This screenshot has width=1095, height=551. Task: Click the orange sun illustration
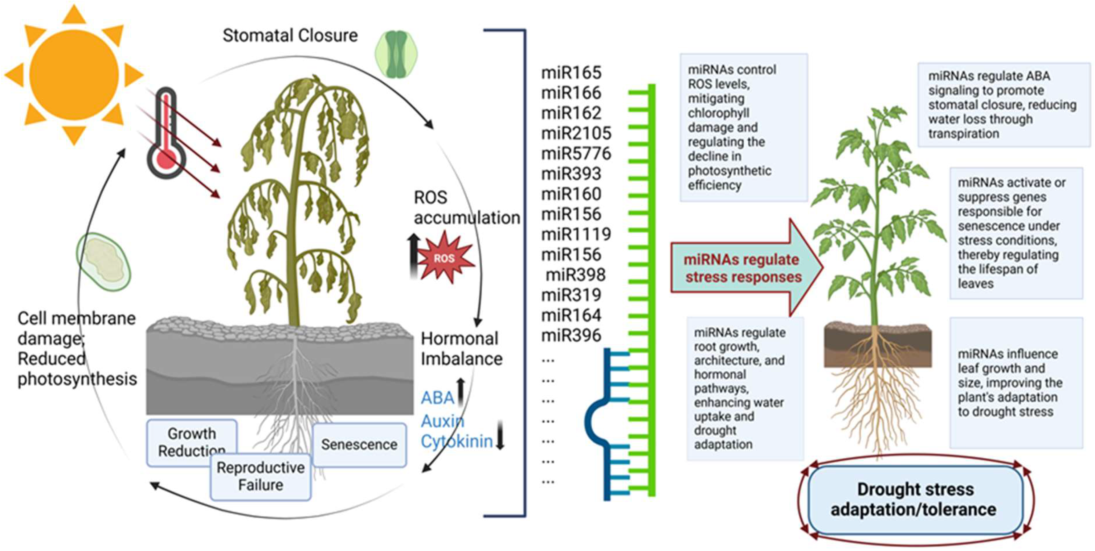[74, 74]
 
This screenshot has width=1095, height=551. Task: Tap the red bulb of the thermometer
[166, 160]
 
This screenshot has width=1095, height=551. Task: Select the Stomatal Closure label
[290, 35]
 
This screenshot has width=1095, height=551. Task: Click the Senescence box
[359, 445]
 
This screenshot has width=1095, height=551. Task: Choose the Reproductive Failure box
[260, 477]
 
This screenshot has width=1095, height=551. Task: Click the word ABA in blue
[437, 398]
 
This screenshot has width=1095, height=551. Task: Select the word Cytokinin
[456, 441]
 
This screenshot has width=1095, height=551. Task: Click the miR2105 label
[576, 133]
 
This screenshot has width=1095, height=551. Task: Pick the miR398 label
[576, 275]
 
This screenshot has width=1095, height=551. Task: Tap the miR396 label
[571, 335]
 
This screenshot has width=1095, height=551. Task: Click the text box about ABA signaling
[1003, 105]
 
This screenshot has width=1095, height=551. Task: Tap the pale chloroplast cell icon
[103, 262]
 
